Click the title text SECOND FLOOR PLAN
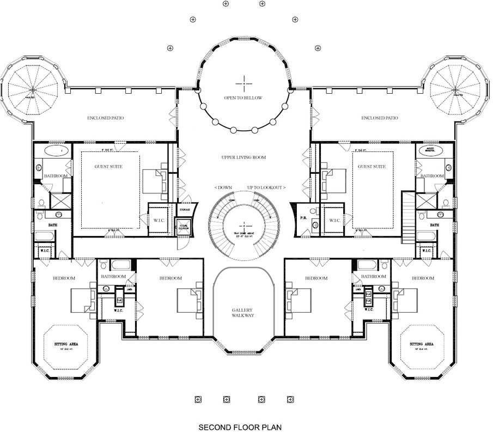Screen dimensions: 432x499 [x=240, y=427]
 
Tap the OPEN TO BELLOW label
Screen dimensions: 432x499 [x=243, y=98]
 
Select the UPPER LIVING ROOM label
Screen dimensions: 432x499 [x=244, y=157]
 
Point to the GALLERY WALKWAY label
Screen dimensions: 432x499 [x=243, y=313]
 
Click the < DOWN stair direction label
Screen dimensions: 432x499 [x=223, y=187]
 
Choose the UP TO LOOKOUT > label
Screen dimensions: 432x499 [x=266, y=187]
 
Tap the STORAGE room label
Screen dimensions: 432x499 [x=186, y=209]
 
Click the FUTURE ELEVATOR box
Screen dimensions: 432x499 [x=182, y=227]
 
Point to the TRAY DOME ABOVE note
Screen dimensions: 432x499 [x=243, y=234]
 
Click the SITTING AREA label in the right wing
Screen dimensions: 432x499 [x=421, y=345]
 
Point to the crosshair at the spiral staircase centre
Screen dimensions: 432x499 [x=243, y=225]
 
